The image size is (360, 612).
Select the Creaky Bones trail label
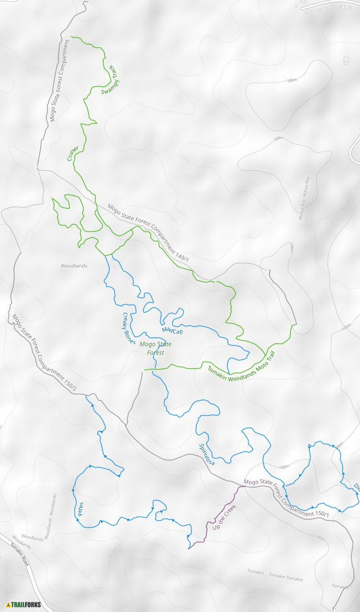click(x=129, y=328)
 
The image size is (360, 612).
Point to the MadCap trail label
click(x=172, y=330)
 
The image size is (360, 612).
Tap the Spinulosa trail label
click(x=207, y=454)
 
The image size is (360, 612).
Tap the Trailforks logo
click(x=24, y=604)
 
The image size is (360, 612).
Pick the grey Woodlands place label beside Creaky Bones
click(x=74, y=266)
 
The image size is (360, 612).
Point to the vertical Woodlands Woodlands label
click(x=50, y=516)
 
